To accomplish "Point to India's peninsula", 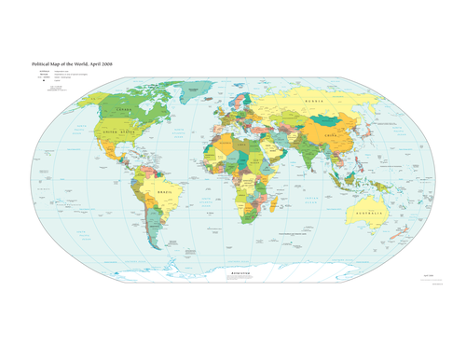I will pyautogui.click(x=315, y=163).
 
